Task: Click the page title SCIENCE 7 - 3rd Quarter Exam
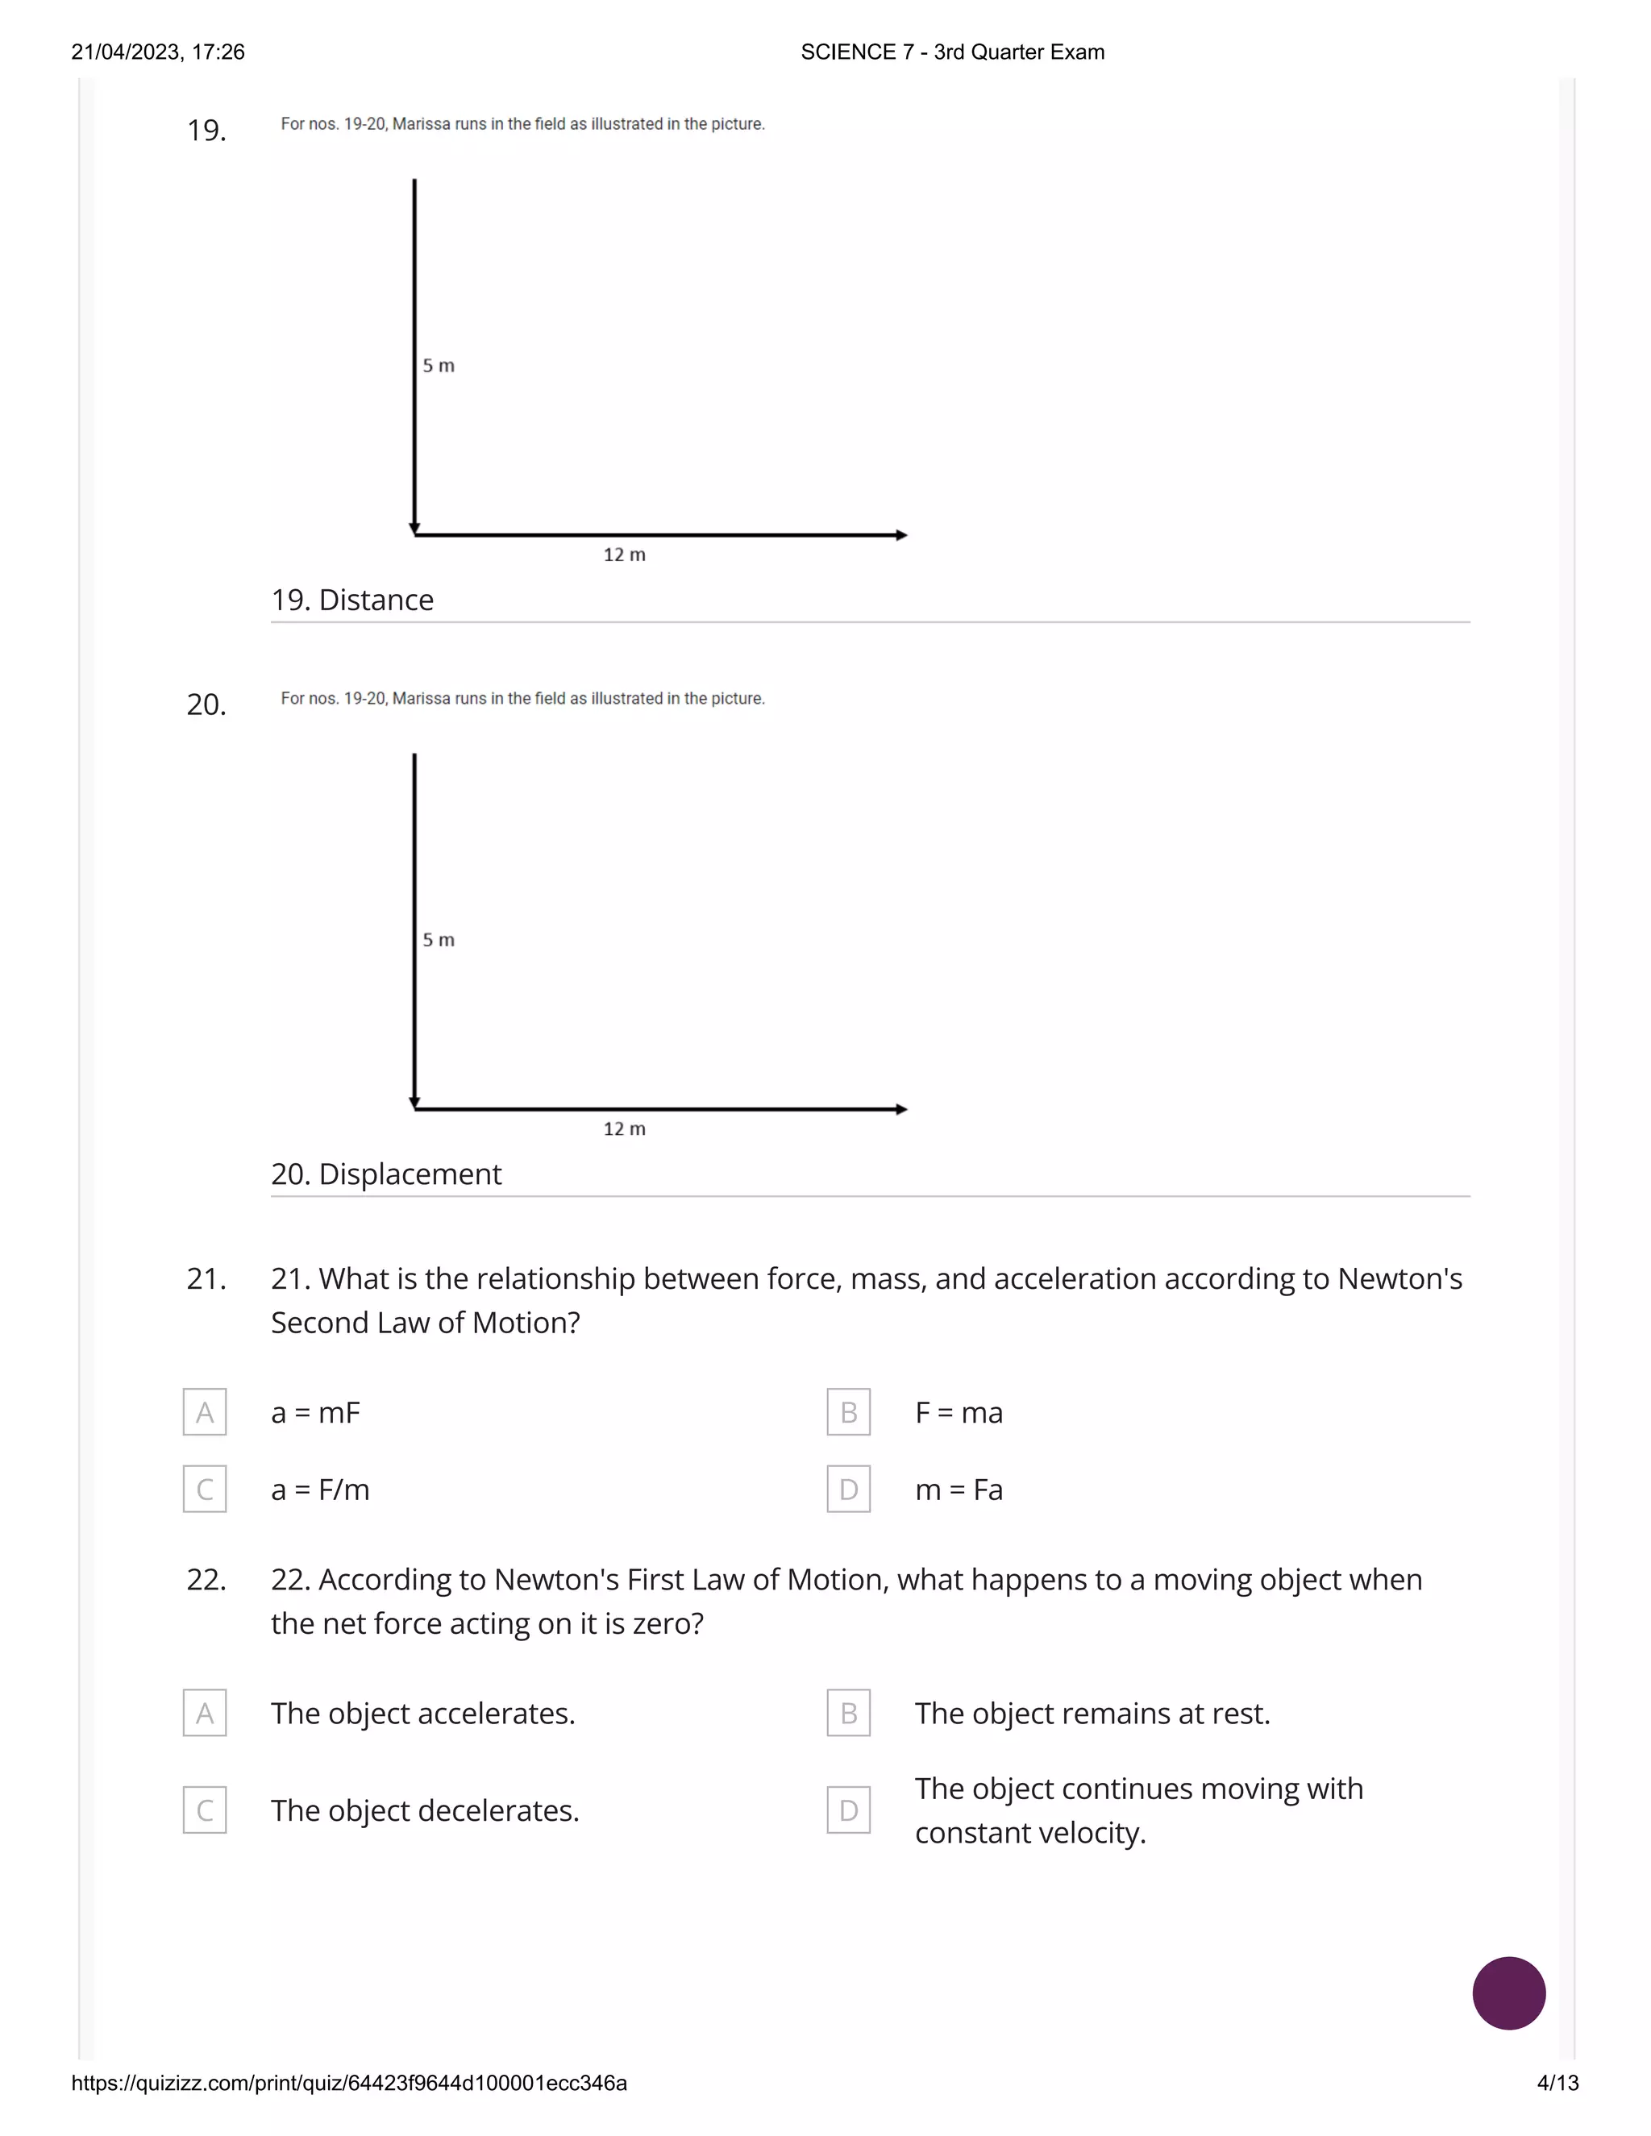coord(952,52)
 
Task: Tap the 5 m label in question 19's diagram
coord(439,366)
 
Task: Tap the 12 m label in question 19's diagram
coord(624,555)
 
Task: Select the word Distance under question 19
coord(376,600)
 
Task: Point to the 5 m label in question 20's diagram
coord(439,940)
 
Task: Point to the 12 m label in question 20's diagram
coord(624,1128)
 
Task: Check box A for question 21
coord(205,1412)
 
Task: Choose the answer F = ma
coord(959,1412)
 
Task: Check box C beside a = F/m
coord(205,1490)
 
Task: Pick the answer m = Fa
coord(959,1490)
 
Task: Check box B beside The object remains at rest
coord(848,1714)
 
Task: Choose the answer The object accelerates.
coord(422,1714)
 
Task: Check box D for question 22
coord(848,1810)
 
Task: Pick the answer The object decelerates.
coord(425,1810)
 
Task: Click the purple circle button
coord(1508,1993)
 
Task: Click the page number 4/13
coord(1557,2083)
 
